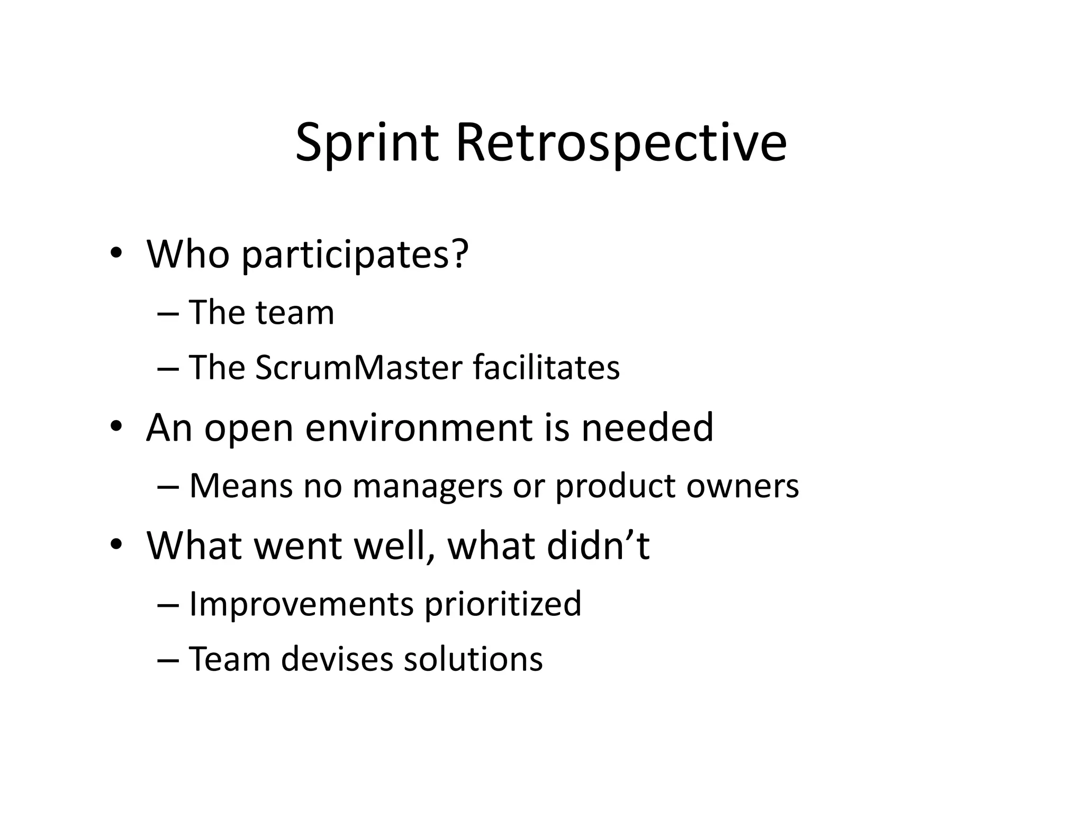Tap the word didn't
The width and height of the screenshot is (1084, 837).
pos(598,545)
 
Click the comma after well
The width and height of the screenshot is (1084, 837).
pos(435,557)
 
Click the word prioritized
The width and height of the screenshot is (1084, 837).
pos(502,604)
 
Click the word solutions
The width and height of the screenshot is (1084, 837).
pos(473,659)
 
